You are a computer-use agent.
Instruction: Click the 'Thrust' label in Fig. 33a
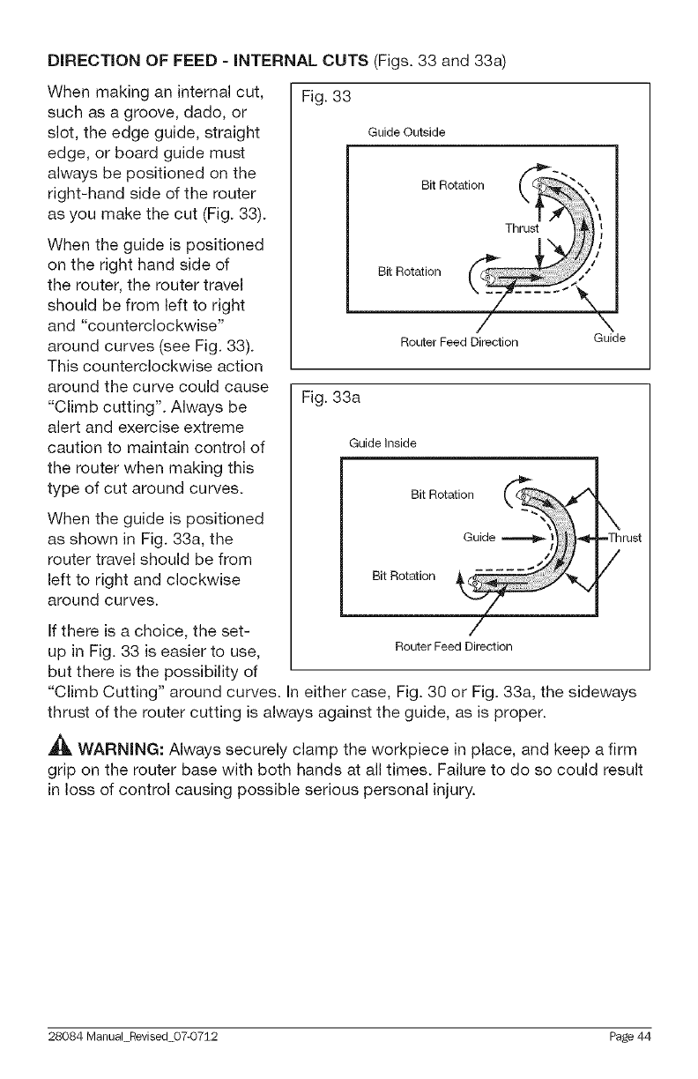coord(627,538)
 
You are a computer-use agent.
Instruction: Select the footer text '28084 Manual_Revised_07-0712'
coord(129,1035)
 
